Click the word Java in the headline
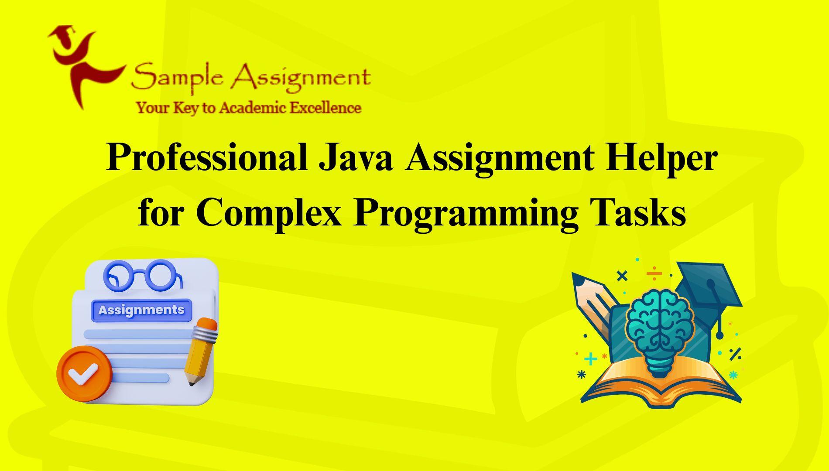click(356, 157)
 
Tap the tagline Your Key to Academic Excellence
click(249, 108)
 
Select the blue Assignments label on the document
click(141, 310)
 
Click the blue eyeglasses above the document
click(143, 276)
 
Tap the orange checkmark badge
click(84, 374)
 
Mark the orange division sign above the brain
click(654, 274)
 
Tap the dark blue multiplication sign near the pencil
click(622, 276)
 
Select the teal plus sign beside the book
click(590, 359)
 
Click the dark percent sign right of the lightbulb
click(735, 354)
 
